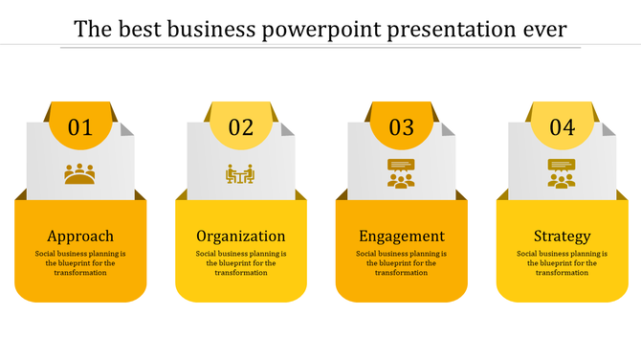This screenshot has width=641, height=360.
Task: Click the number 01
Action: point(80,127)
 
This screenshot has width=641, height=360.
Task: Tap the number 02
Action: point(241,127)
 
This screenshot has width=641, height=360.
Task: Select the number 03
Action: point(401,127)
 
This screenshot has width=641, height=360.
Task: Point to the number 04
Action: point(562,127)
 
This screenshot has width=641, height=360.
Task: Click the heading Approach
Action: point(80,236)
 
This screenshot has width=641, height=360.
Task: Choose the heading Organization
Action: point(241,236)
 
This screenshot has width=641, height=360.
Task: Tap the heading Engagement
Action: point(401,236)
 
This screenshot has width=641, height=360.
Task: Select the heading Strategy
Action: point(562,236)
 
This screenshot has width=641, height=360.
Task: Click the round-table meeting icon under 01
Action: point(80,174)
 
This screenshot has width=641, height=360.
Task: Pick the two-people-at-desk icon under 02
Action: point(240,174)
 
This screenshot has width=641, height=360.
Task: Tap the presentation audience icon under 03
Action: point(401,173)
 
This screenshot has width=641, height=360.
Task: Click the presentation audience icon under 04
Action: point(562,173)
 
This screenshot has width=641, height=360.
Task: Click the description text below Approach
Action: point(80,263)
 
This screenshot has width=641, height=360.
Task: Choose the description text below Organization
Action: point(241,263)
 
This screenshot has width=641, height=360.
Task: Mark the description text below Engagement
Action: point(401,263)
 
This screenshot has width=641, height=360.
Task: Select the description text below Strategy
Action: point(562,263)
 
